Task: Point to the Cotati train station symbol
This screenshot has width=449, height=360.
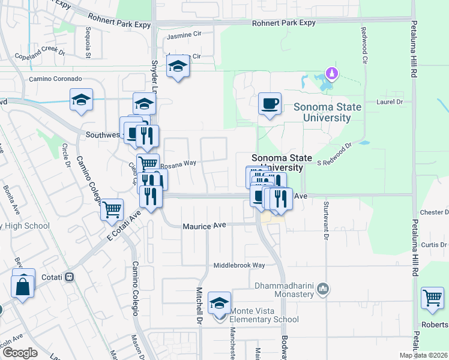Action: point(70,277)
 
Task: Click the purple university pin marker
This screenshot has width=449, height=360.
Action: point(331,74)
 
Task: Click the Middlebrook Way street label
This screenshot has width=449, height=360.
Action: point(240,265)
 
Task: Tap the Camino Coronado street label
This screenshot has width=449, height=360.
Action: point(55,79)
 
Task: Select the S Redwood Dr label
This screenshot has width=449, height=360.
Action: point(334,154)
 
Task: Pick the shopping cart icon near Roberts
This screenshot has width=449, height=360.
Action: point(432,298)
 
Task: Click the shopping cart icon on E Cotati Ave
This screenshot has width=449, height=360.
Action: point(112,210)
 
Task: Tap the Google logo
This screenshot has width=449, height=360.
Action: point(20,353)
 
